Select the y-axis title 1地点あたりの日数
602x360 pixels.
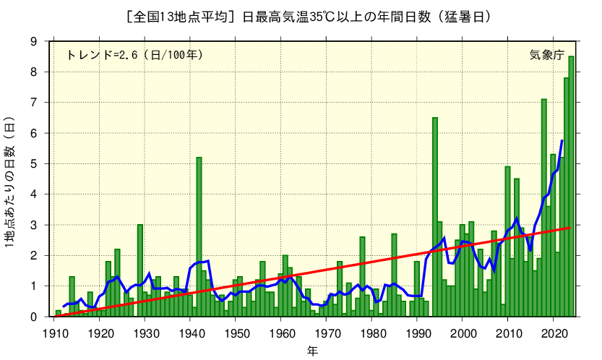(x=10, y=181)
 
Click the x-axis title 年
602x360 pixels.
(x=311, y=351)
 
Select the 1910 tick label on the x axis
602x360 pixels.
(x=54, y=333)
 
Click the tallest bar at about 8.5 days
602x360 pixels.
(x=571, y=188)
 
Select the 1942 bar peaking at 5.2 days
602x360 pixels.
(x=199, y=239)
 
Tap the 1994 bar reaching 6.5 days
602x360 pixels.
(x=435, y=217)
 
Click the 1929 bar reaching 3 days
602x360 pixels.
(x=140, y=271)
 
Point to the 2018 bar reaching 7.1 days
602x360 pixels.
(x=544, y=210)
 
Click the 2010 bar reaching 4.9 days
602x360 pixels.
(x=508, y=242)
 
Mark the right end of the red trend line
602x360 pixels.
(x=570, y=228)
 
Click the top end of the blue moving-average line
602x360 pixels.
(x=562, y=140)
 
